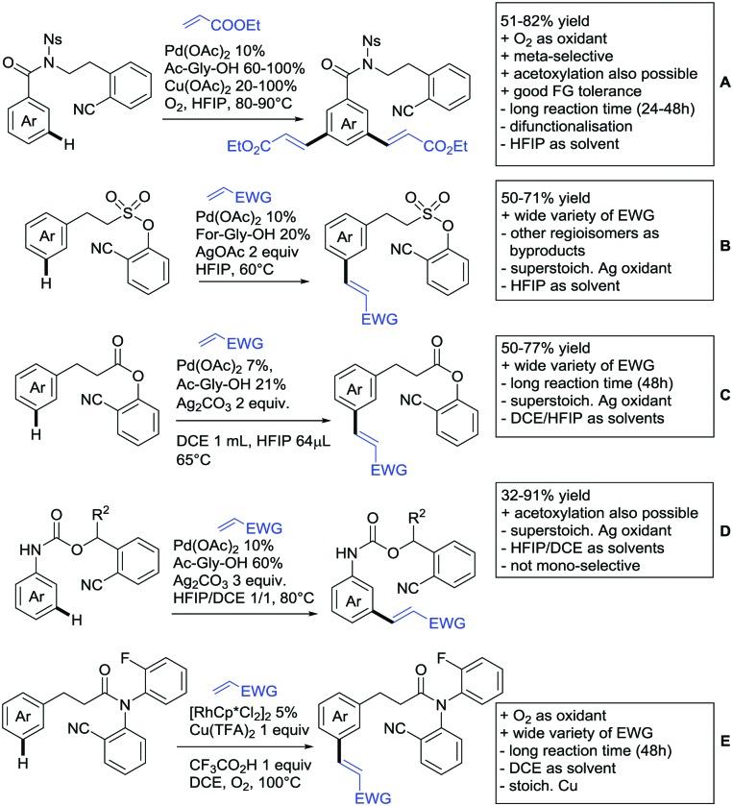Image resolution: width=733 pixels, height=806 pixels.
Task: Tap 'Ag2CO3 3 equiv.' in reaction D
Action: click(x=232, y=577)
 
